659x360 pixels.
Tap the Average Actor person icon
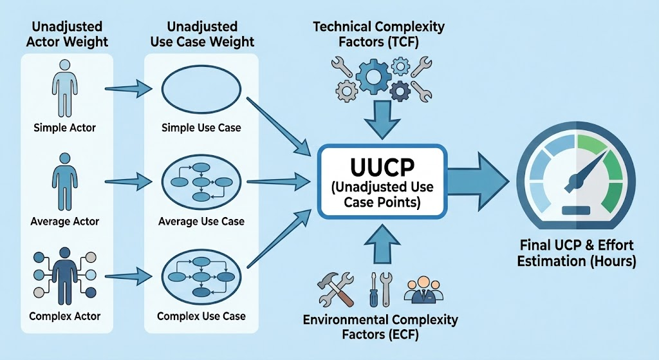64,182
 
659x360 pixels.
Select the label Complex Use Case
201,317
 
